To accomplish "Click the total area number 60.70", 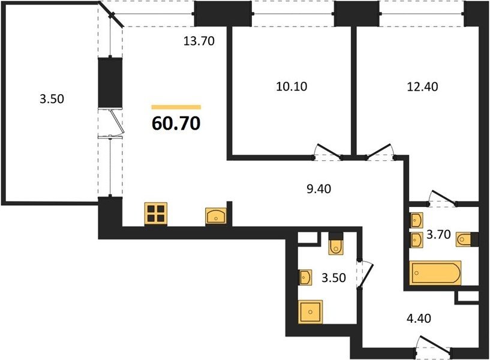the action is click(x=176, y=124).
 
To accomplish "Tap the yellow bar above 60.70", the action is click(x=176, y=107).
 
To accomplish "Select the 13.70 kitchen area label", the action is click(x=199, y=41).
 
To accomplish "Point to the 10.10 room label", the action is click(x=291, y=86).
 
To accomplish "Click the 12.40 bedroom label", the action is click(x=422, y=86).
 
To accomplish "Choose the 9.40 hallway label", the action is click(x=318, y=189).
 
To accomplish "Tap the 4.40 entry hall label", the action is click(x=419, y=319).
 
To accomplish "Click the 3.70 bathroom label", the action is click(x=438, y=234).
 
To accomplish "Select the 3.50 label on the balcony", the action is click(x=52, y=99).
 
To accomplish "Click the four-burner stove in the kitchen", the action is click(x=156, y=214).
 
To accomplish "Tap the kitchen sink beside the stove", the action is click(x=216, y=216).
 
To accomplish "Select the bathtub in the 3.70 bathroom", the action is click(x=435, y=273).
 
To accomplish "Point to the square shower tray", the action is click(x=310, y=312).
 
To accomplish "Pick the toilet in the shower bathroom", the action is click(x=336, y=244).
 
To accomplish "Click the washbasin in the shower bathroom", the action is click(x=306, y=277).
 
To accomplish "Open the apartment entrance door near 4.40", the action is click(x=435, y=346).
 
